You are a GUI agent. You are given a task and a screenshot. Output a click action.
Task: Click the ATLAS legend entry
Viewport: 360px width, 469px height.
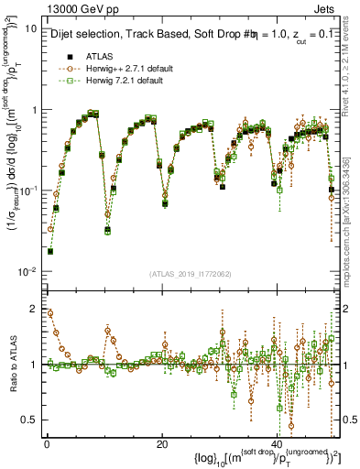100,56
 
